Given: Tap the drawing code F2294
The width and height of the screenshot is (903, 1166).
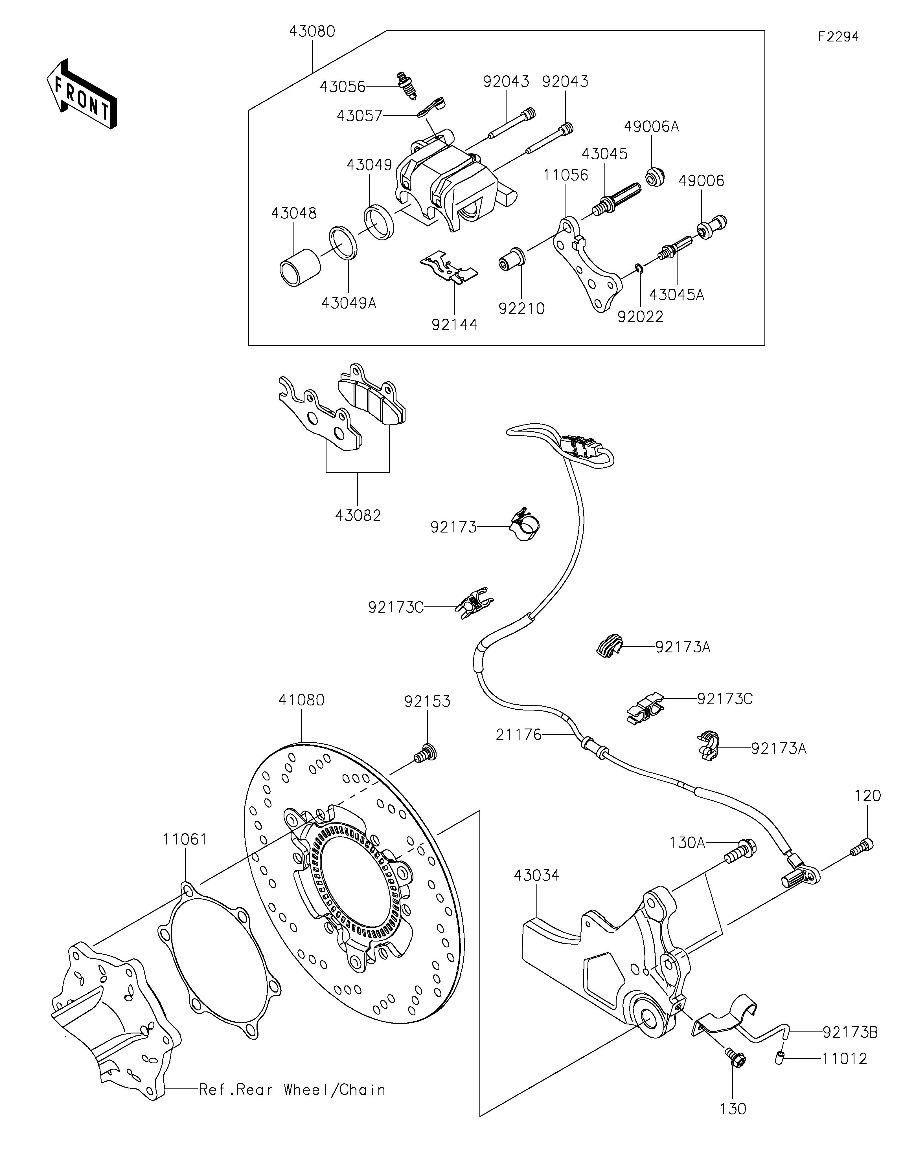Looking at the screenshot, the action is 838,37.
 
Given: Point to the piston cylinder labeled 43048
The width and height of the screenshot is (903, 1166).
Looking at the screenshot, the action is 301,267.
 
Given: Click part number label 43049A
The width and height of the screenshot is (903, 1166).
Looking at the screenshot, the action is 349,303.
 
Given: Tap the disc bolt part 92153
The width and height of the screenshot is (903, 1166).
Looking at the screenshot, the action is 426,753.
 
